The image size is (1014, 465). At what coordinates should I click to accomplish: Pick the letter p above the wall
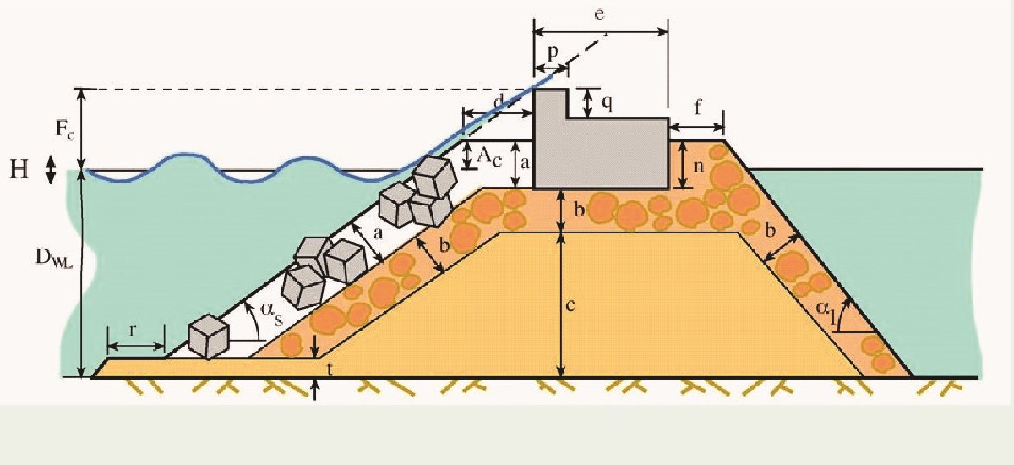(553, 52)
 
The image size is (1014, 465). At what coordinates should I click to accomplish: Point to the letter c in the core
(571, 305)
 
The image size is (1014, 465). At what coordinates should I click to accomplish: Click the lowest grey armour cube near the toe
(208, 336)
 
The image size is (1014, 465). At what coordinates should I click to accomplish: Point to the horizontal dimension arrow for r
(135, 346)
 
